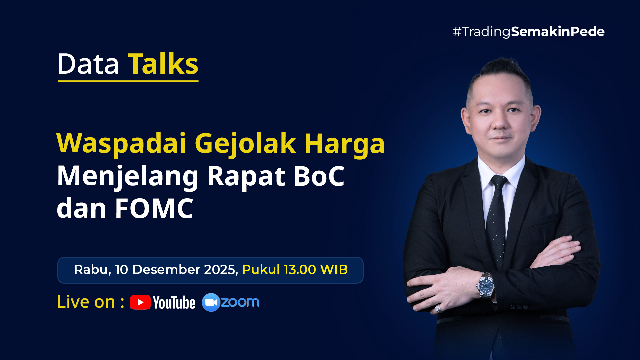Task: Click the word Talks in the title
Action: click(163, 64)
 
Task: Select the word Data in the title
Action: click(88, 64)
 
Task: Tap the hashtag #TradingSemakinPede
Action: click(528, 32)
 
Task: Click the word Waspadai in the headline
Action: click(121, 143)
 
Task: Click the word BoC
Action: click(319, 176)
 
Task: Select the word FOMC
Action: click(154, 208)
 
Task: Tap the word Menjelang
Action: click(128, 177)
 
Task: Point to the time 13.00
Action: click(300, 269)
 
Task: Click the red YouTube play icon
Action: click(140, 302)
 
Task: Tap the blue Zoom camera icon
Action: click(211, 302)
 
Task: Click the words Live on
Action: click(86, 302)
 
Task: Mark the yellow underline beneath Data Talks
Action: click(128, 81)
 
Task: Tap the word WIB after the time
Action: click(334, 269)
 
